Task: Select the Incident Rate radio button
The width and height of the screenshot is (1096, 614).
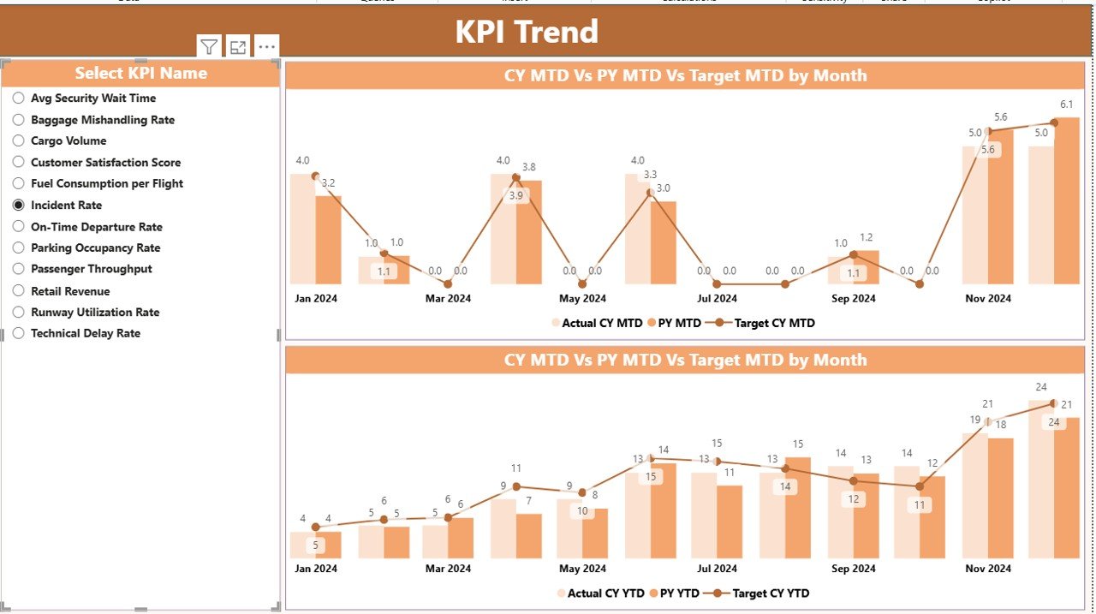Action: point(18,206)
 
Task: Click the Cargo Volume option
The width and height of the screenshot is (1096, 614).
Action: point(18,141)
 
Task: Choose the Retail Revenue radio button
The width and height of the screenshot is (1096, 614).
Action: point(18,291)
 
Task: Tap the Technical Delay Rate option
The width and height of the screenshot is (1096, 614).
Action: point(18,334)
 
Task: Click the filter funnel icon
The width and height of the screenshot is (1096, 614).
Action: point(209,47)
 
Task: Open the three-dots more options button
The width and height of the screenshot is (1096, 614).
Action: point(267,47)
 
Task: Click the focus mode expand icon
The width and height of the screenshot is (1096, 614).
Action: point(238,47)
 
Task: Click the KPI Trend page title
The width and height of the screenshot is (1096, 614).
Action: point(526,32)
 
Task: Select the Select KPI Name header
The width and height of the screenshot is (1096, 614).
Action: point(140,74)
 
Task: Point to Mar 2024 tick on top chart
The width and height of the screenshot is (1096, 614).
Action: point(448,299)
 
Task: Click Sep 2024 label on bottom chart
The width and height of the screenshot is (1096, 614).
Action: point(852,569)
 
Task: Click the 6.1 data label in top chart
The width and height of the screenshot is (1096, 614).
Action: point(1066,104)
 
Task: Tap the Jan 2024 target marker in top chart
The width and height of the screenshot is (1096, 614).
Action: point(315,176)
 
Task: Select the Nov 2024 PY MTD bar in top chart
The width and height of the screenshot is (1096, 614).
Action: point(1000,206)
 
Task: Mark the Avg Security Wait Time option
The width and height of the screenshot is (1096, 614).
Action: point(18,98)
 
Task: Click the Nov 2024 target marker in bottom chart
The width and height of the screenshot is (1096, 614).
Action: point(987,421)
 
